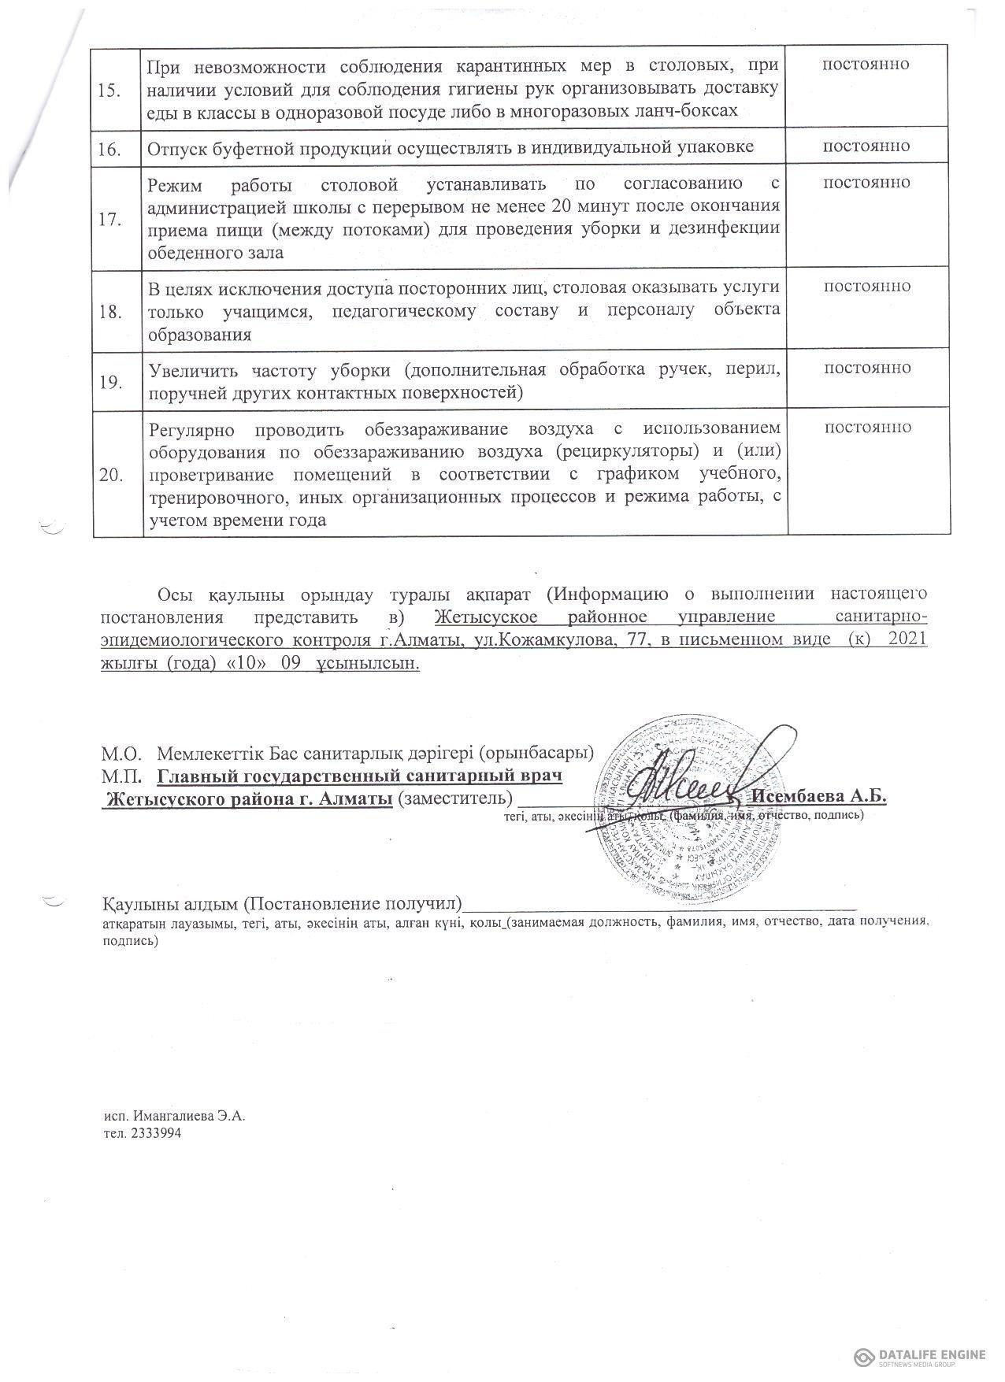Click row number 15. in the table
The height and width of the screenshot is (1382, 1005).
click(109, 90)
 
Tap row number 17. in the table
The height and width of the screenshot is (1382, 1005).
click(109, 220)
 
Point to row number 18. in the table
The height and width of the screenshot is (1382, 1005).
click(109, 312)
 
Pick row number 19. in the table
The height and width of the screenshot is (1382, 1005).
click(109, 383)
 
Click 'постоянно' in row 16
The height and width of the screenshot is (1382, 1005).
click(866, 146)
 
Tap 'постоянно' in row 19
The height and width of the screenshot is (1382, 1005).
click(866, 368)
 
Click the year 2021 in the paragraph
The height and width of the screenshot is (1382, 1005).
click(907, 639)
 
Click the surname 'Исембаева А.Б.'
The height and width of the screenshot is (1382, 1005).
click(819, 795)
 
